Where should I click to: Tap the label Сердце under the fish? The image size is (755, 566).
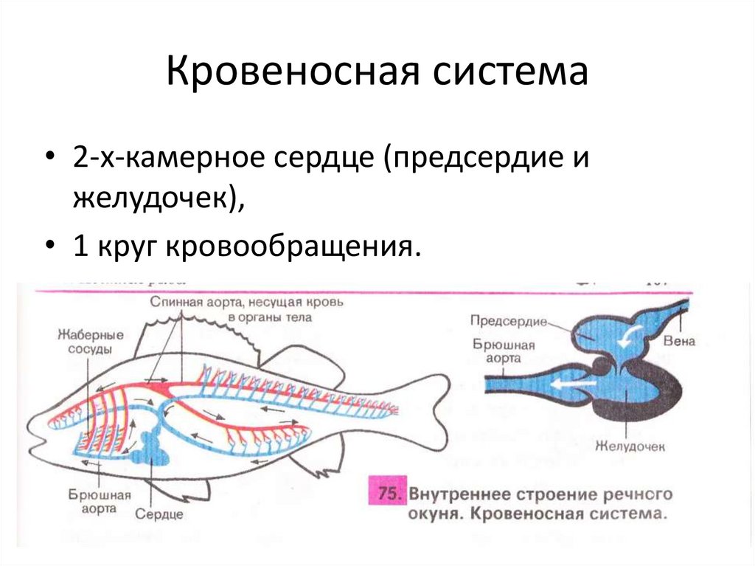tap(164, 514)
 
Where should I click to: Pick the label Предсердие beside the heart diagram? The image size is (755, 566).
tap(507, 322)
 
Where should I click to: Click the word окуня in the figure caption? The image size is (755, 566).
tap(434, 513)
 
